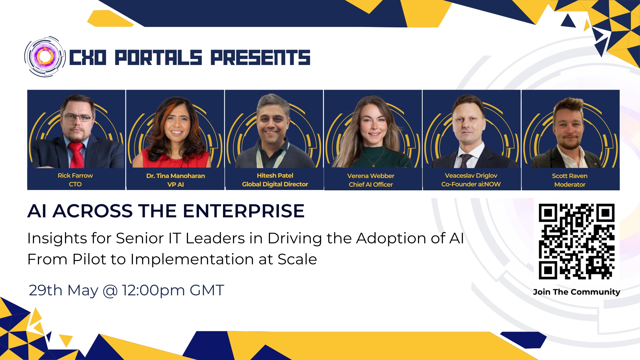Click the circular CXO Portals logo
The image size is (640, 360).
point(45,57)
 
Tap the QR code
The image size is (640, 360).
point(577,241)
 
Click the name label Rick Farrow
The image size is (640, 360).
point(75,176)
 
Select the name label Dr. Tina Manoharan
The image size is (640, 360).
point(176,176)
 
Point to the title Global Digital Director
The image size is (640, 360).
point(275,184)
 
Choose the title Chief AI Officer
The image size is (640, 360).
point(371,184)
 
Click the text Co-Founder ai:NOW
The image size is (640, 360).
point(471,184)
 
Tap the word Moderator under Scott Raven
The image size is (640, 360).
point(570,184)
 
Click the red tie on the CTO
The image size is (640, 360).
point(77,155)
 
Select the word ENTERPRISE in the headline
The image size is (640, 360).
point(244,211)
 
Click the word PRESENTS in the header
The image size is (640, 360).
point(260,57)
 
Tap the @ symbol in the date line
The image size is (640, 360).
point(110,290)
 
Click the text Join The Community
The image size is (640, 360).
point(576,292)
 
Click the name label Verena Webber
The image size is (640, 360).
point(371,176)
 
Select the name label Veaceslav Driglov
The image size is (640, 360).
point(471,176)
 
